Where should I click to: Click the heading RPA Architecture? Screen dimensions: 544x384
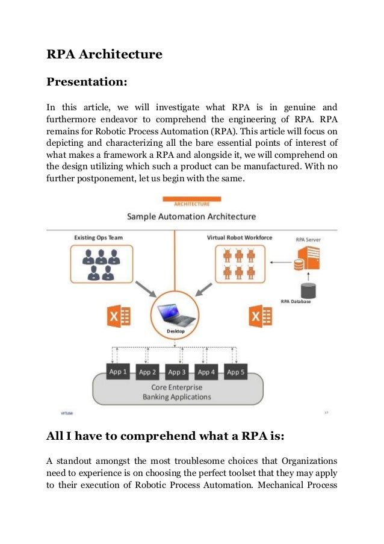[x=104, y=55]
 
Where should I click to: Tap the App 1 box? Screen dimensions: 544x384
[x=117, y=372]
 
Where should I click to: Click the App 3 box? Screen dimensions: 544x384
[x=177, y=372]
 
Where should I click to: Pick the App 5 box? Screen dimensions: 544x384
[x=236, y=372]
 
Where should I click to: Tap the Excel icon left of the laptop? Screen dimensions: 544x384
[x=116, y=315]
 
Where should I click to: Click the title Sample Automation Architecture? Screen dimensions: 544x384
[x=191, y=216]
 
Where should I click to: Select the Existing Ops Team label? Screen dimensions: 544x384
[x=99, y=238]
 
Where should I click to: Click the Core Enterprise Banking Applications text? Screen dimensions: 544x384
[x=176, y=392]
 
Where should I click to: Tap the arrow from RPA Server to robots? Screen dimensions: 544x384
[x=280, y=262]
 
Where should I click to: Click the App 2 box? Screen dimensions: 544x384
[x=147, y=372]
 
